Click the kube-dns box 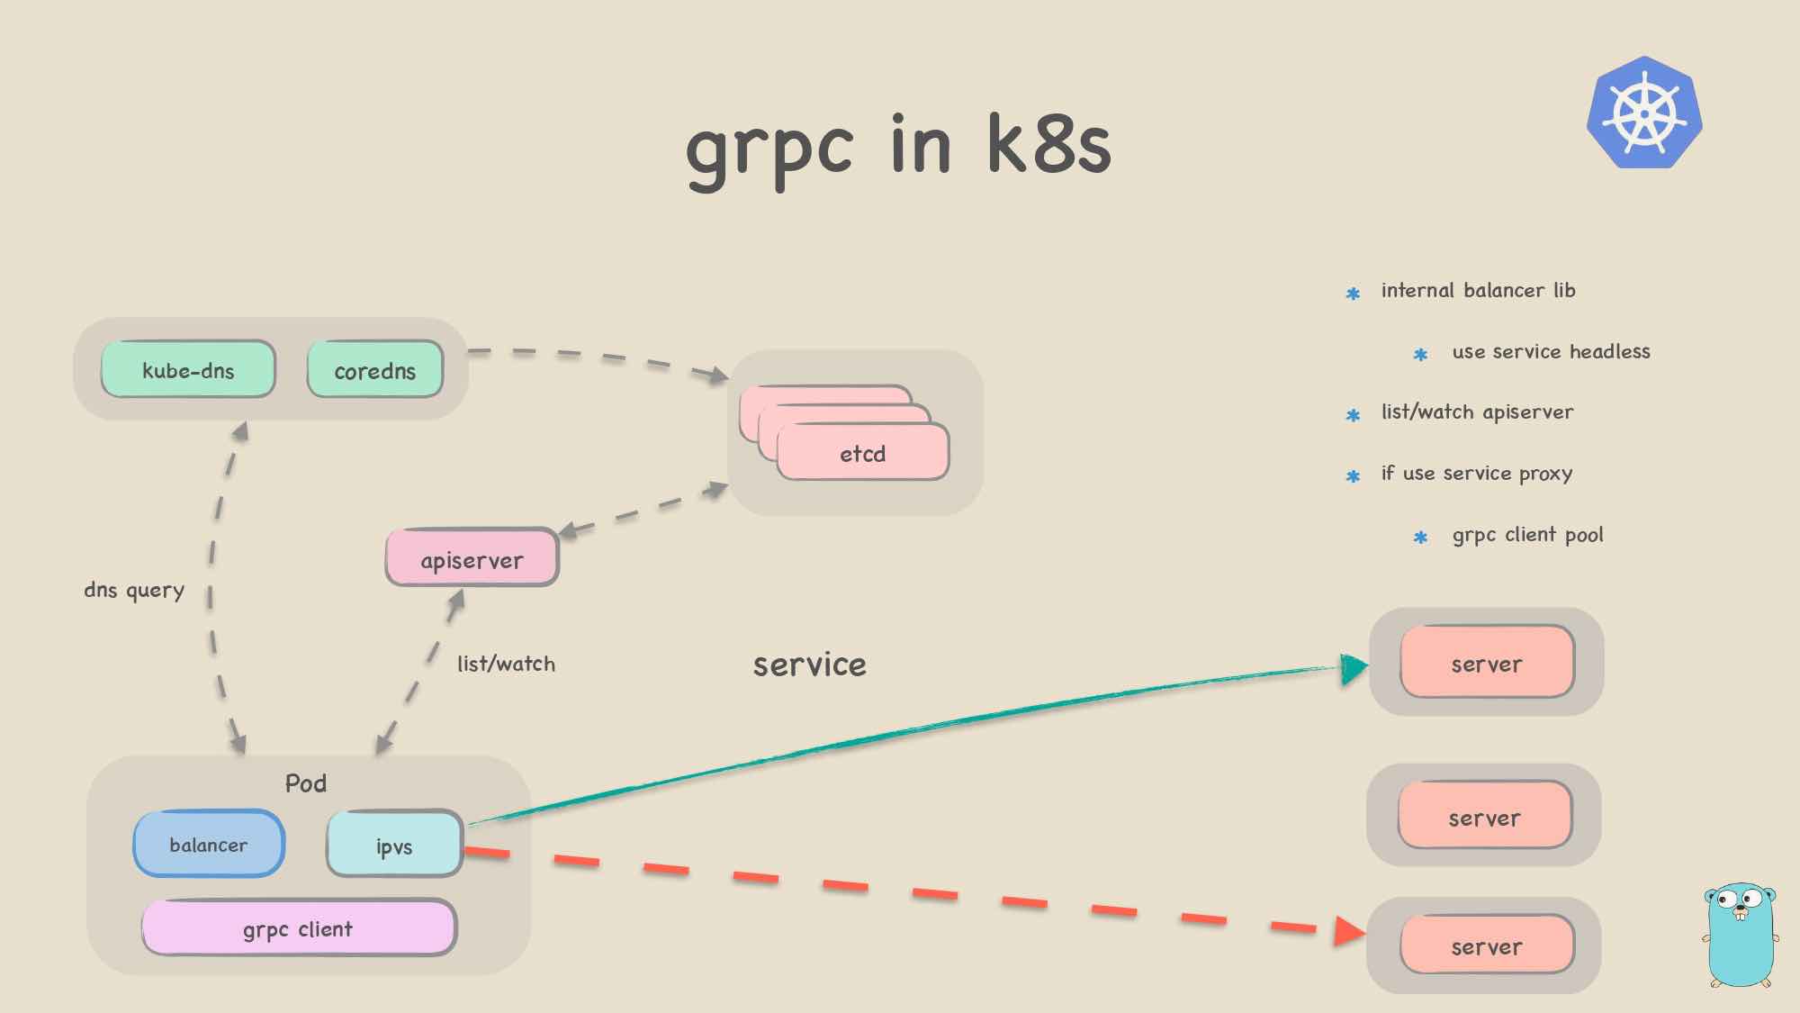coord(188,369)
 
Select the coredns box coord(375,369)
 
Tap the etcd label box coord(862,453)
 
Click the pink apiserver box coord(472,558)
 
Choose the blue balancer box coord(209,844)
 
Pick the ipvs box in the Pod coord(394,845)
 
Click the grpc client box coord(298,927)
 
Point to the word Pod coord(306,782)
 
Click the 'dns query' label coord(134,590)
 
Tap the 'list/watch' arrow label coord(506,664)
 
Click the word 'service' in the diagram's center coord(809,665)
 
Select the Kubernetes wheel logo coord(1644,113)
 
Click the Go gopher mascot coord(1741,935)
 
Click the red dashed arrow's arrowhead coord(1349,931)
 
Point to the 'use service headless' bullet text coord(1551,351)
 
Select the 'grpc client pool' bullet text coord(1527,535)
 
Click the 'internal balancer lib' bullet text coord(1478,290)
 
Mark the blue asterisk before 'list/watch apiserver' coord(1353,415)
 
